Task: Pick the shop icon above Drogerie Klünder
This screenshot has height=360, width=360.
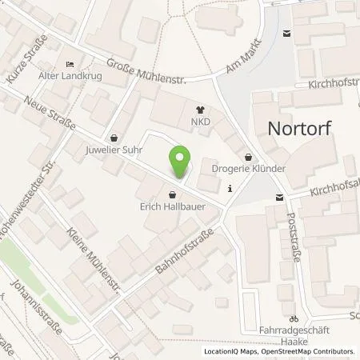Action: (249, 157)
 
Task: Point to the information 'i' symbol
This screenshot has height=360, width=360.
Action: (230, 189)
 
